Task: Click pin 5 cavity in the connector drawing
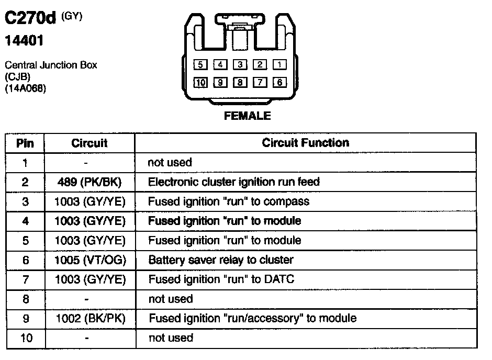pos(200,65)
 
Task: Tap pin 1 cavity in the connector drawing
pos(280,65)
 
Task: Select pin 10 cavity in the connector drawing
pos(200,82)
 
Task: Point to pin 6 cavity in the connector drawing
pos(280,82)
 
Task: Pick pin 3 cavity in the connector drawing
pos(240,65)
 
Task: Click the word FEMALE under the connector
pos(248,116)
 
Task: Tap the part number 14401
pos(24,40)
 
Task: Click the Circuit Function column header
pos(306,142)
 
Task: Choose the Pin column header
pos(25,143)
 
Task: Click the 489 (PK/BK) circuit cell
pos(90,182)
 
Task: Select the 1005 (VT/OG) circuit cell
pos(90,260)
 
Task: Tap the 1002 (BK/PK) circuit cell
pos(90,318)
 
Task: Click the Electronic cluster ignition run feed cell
pos(234,182)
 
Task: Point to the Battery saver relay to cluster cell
pos(221,260)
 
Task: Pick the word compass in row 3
pos(289,201)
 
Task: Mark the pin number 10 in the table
pos(26,338)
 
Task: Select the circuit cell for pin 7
pos(90,279)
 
